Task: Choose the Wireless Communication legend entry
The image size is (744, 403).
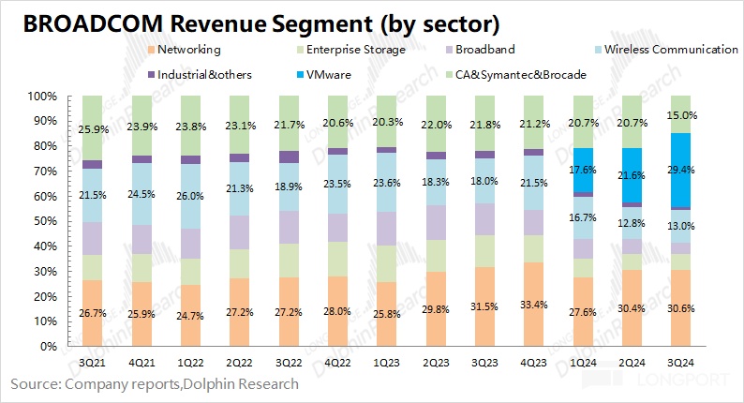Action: coord(667,49)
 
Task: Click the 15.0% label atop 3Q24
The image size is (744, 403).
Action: coord(682,114)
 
